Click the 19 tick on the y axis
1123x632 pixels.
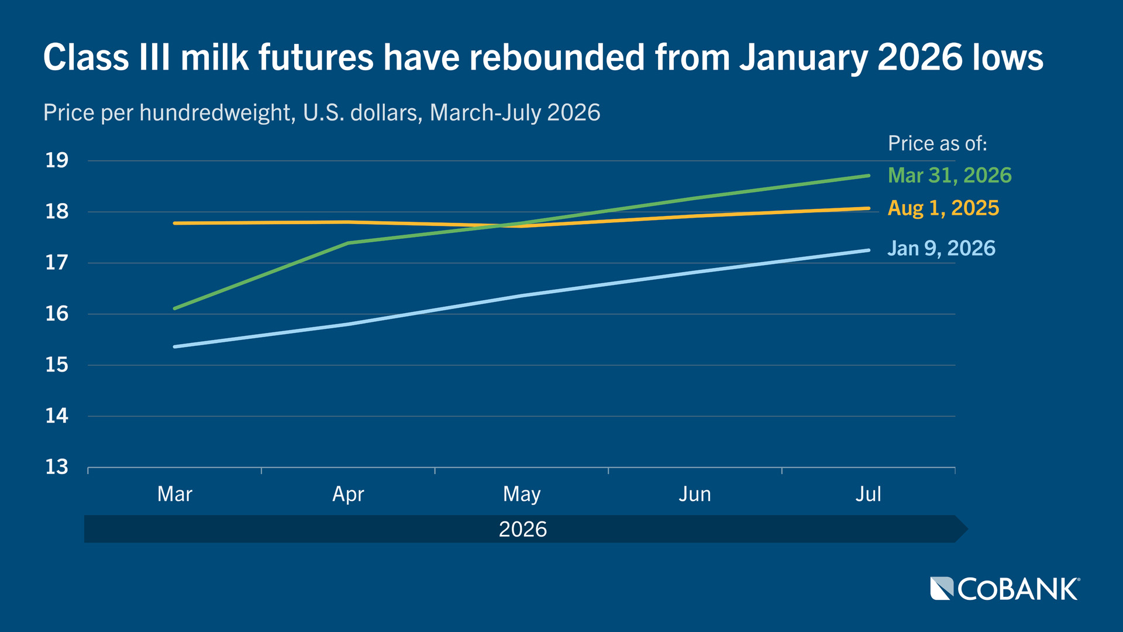(57, 160)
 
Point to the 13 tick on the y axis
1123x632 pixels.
(57, 467)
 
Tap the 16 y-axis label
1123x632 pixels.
(57, 314)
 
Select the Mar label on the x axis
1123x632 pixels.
(174, 494)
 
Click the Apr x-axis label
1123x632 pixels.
(348, 495)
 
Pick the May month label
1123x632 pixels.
(522, 495)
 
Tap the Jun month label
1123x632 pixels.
(695, 494)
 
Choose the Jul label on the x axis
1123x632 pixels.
(868, 494)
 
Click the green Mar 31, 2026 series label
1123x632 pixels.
(949, 176)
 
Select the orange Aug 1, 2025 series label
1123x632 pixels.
(943, 208)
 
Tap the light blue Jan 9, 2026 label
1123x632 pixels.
(941, 249)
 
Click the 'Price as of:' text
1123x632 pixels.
(937, 144)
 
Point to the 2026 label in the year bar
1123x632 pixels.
(522, 530)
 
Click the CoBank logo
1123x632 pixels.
(1005, 589)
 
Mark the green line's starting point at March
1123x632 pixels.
(175, 308)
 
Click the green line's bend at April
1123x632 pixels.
(348, 243)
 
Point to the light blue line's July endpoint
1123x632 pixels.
(869, 250)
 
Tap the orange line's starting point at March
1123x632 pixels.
(175, 223)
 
